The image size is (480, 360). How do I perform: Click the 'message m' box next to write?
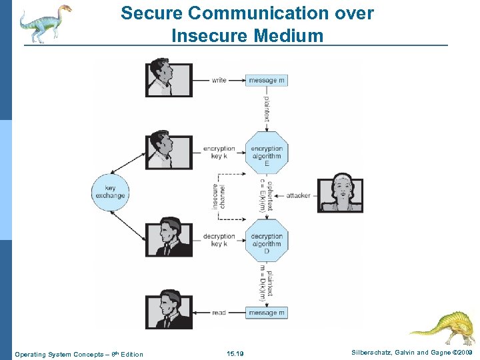click(x=267, y=80)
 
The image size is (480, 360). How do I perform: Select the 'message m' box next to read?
click(x=267, y=313)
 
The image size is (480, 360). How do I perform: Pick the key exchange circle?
click(x=110, y=193)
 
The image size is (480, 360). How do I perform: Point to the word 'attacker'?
click(x=298, y=195)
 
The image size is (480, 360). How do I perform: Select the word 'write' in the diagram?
click(x=219, y=80)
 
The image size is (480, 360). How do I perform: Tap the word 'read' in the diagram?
click(x=219, y=313)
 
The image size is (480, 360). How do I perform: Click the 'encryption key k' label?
click(x=219, y=153)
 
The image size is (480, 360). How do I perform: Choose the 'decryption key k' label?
click(x=219, y=240)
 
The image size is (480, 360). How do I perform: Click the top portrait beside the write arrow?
click(x=169, y=79)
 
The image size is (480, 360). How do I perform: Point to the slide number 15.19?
click(x=235, y=354)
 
